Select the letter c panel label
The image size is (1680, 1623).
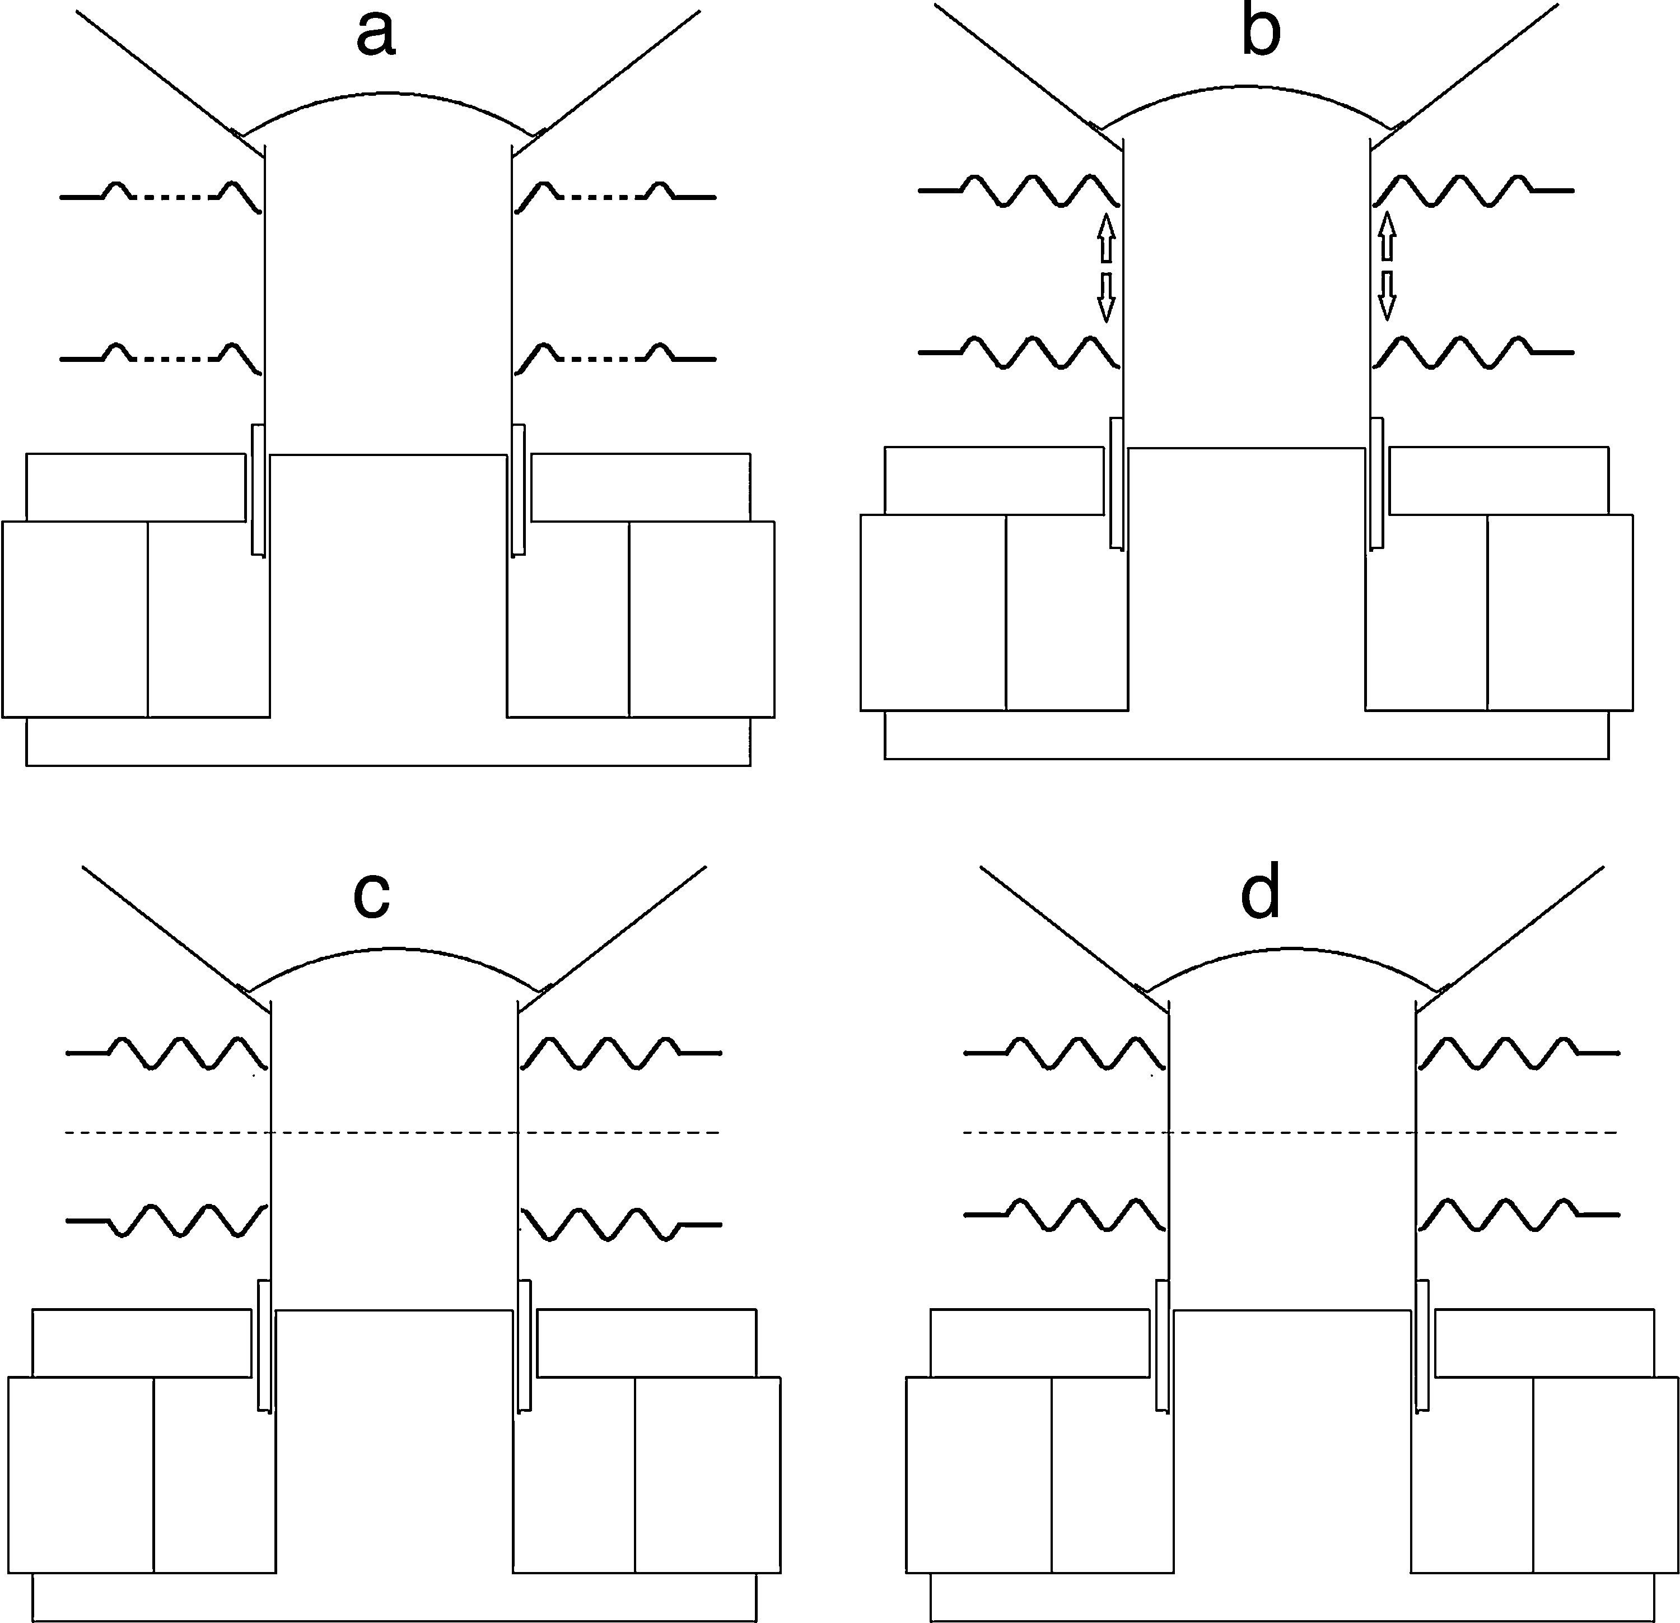tap(372, 895)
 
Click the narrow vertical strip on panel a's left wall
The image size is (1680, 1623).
tap(257, 489)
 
